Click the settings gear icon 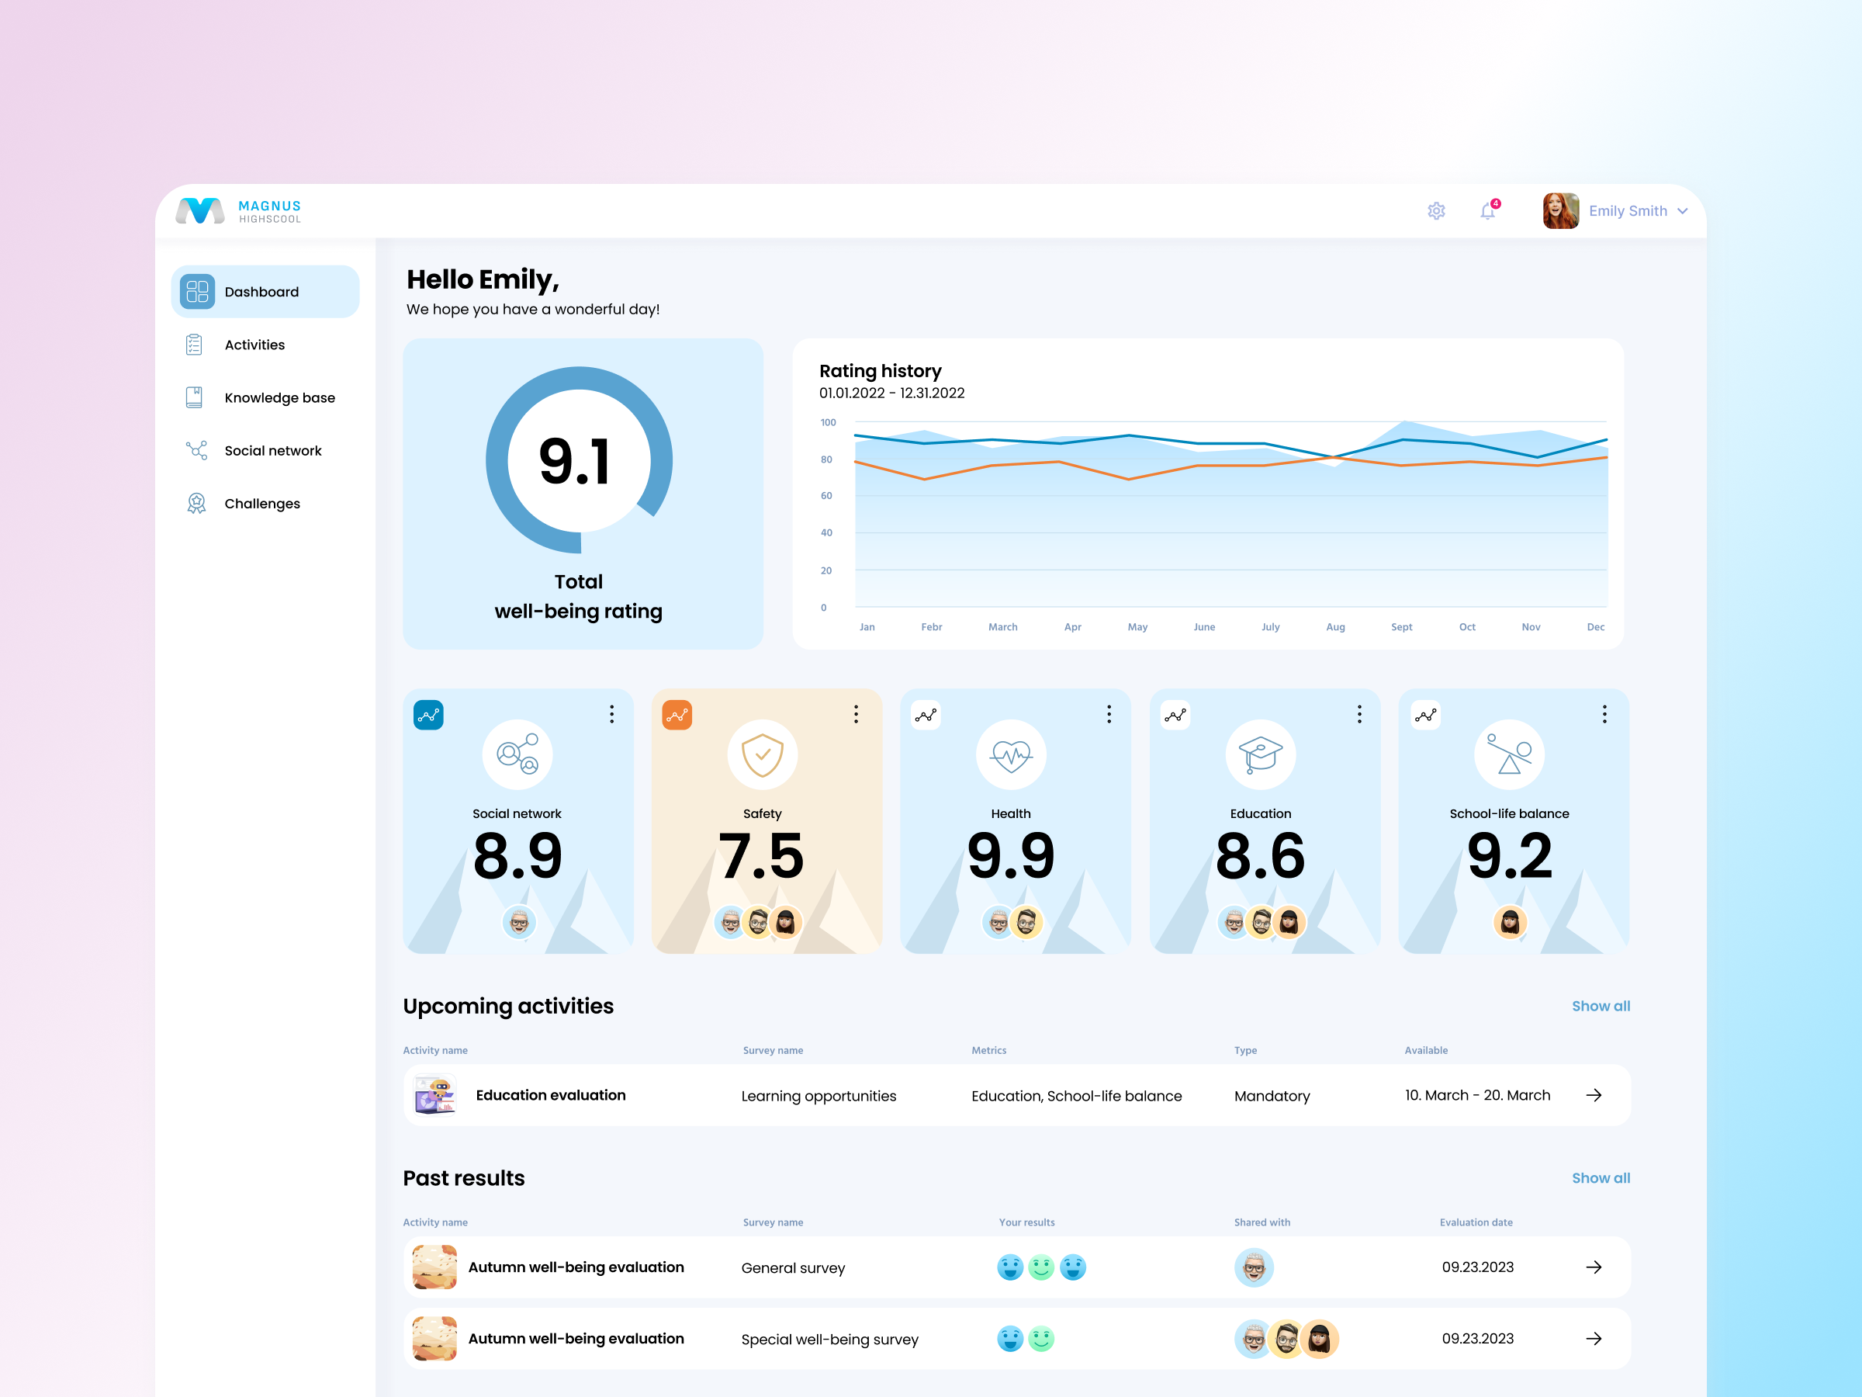[x=1436, y=211]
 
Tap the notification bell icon [x=1487, y=211]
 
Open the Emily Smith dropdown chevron [x=1682, y=211]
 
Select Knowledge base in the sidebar [x=279, y=397]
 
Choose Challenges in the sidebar [x=261, y=504]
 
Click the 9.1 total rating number [x=576, y=462]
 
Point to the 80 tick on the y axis [x=826, y=459]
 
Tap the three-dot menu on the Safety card [x=856, y=714]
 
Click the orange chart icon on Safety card [x=677, y=715]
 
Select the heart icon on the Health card [x=1011, y=754]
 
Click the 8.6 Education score [x=1260, y=856]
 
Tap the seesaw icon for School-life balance [x=1509, y=754]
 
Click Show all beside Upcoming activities [x=1601, y=1007]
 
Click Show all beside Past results [x=1601, y=1178]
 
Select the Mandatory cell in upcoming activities [x=1272, y=1097]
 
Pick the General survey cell [x=793, y=1268]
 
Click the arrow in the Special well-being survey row [x=1594, y=1339]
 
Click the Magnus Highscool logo [x=238, y=211]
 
